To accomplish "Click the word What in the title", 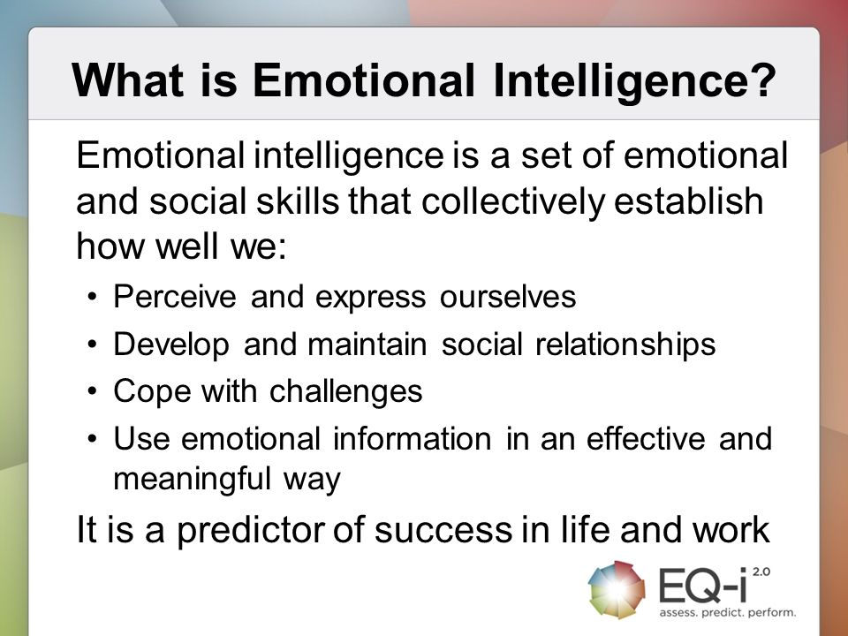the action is pyautogui.click(x=128, y=80).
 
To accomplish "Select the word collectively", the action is pyautogui.click(x=512, y=201).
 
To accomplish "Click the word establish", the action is pyautogui.click(x=688, y=201).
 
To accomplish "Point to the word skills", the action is pyautogui.click(x=298, y=201).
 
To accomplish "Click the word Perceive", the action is pyautogui.click(x=175, y=297).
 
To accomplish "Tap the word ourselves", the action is pyautogui.click(x=508, y=298).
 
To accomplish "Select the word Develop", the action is pyautogui.click(x=171, y=344).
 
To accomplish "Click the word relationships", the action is pyautogui.click(x=625, y=344).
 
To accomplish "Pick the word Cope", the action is pyautogui.click(x=152, y=391).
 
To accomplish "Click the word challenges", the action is pyautogui.click(x=345, y=391).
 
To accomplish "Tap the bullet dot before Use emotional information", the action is pyautogui.click(x=93, y=439).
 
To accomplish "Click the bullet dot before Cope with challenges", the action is pyautogui.click(x=93, y=391).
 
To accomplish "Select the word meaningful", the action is pyautogui.click(x=192, y=479).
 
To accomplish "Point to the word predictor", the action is pyautogui.click(x=250, y=530).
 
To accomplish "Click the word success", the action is pyautogui.click(x=443, y=530).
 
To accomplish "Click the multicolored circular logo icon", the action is pyautogui.click(x=617, y=589).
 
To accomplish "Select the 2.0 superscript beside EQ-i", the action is pyautogui.click(x=761, y=572).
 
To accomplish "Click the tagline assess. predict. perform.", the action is pyautogui.click(x=727, y=613).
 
